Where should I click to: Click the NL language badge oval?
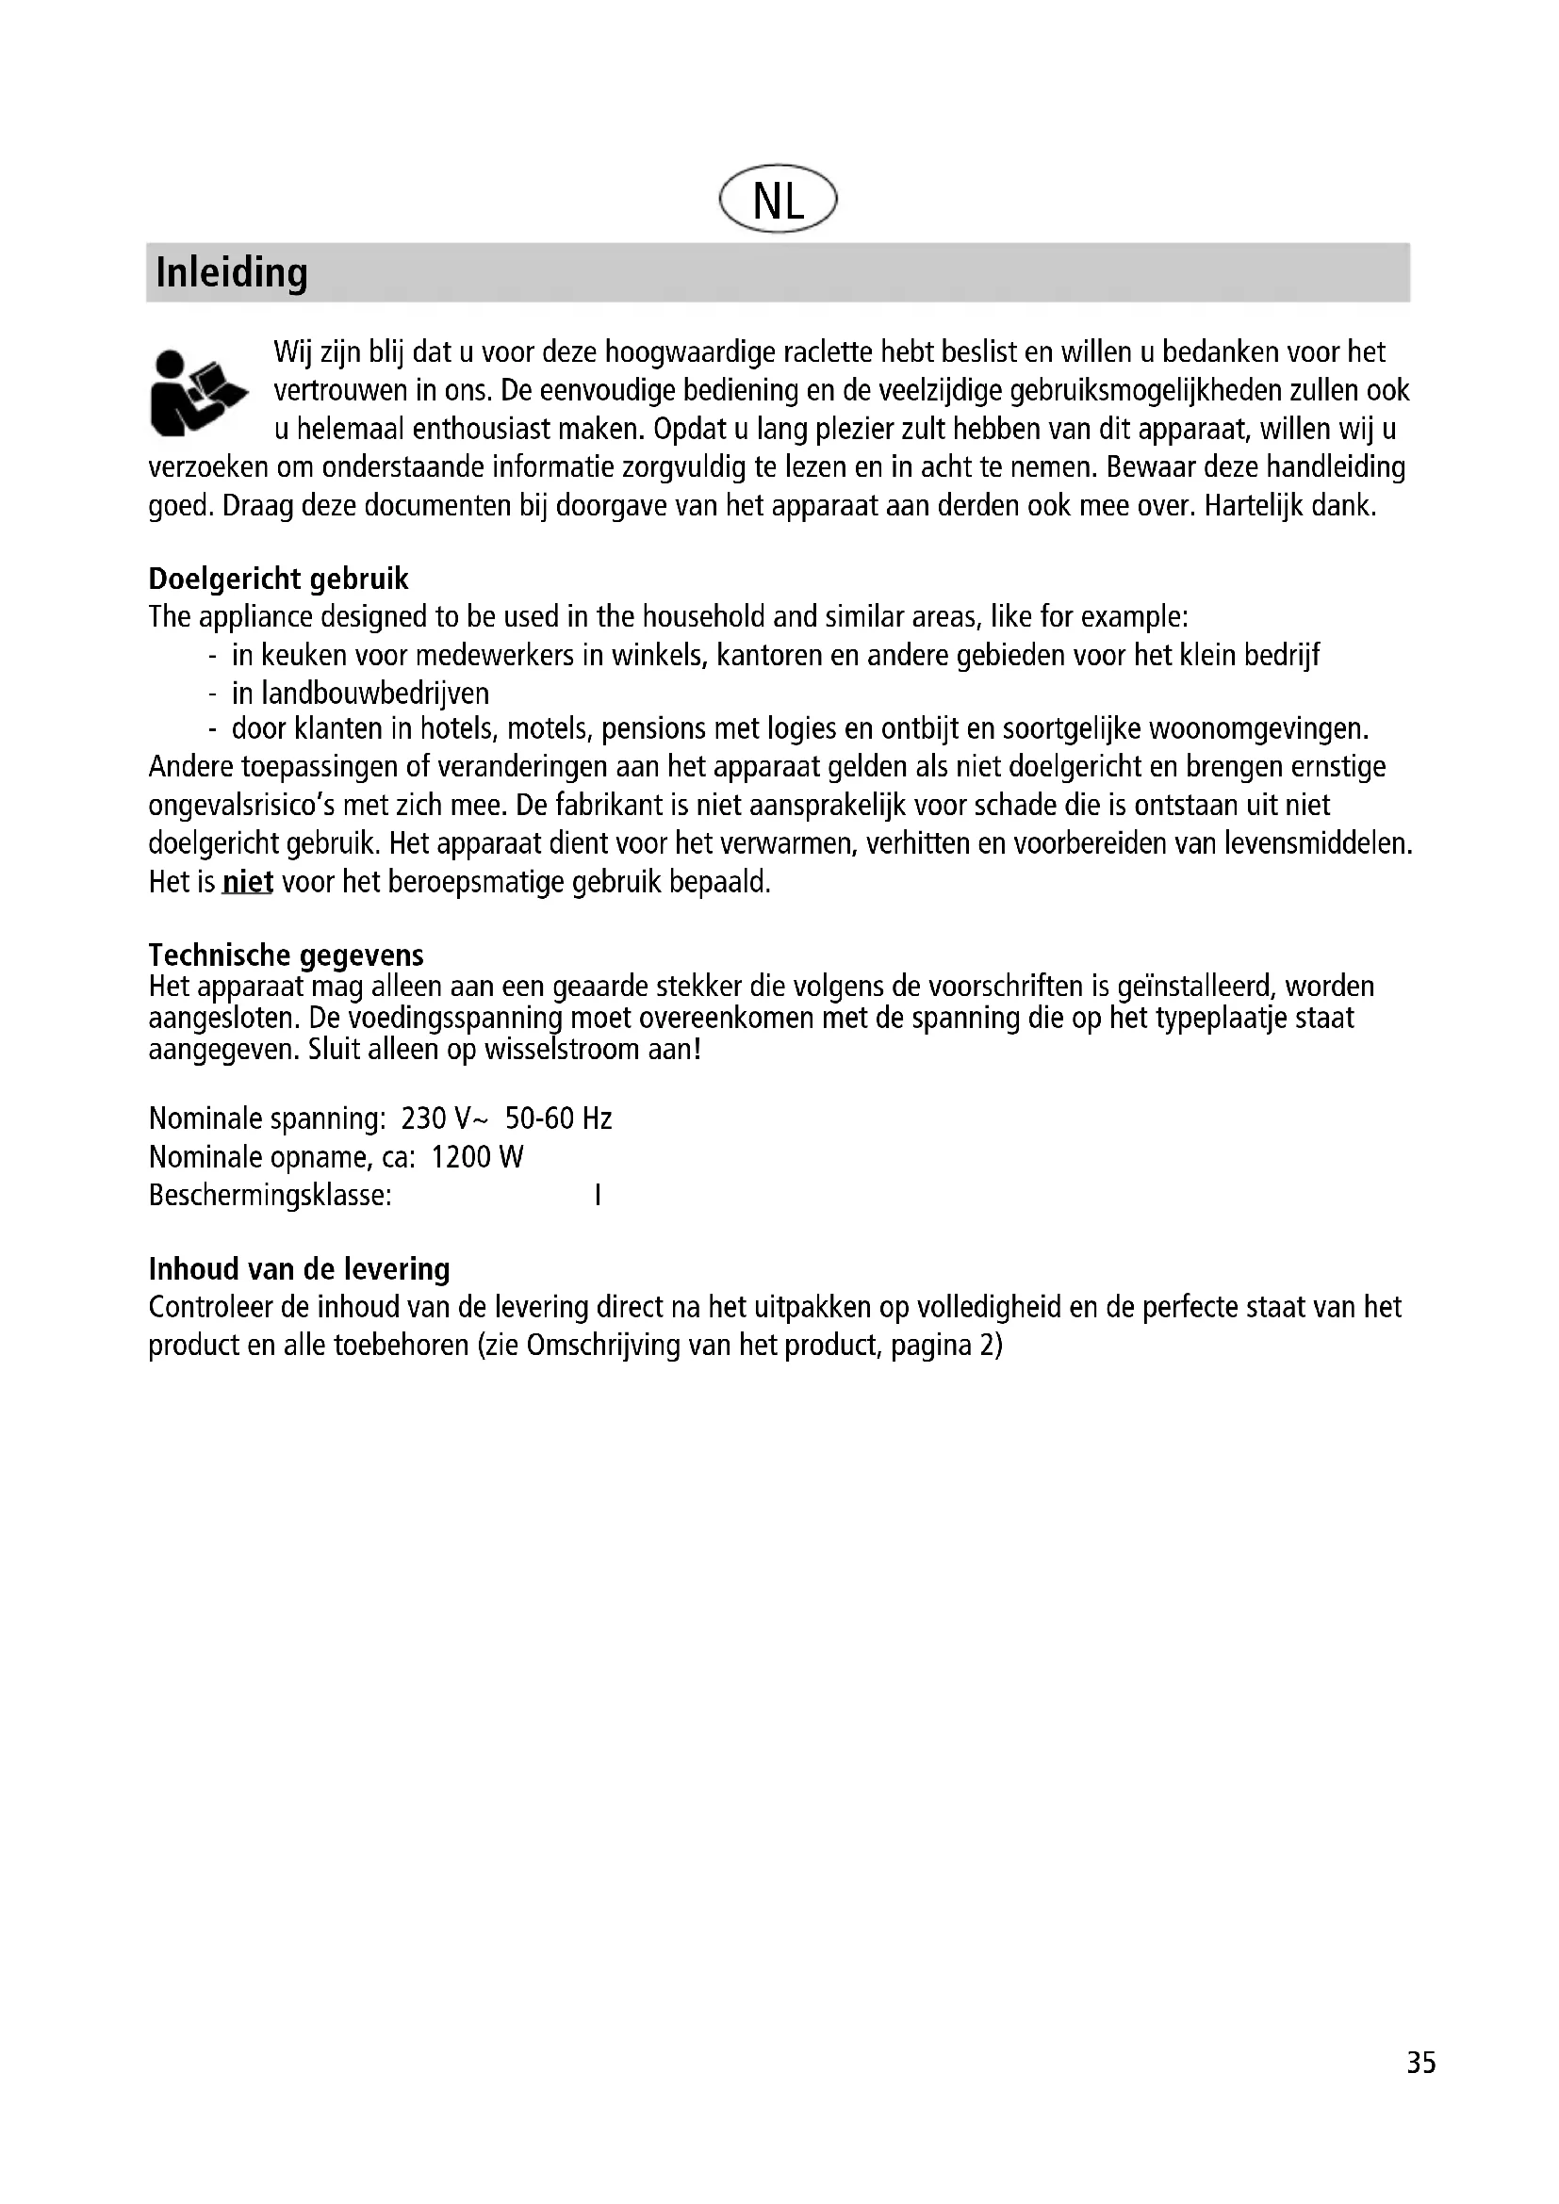pos(778,200)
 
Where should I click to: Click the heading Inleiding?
pos(231,272)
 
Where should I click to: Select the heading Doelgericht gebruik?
pos(278,579)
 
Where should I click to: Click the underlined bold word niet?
pos(248,881)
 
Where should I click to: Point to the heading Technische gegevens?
pos(287,955)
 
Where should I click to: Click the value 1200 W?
pos(477,1157)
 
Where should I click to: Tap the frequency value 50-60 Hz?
pos(559,1118)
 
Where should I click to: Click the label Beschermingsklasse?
pos(270,1195)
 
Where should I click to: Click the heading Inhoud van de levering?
pos(299,1269)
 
